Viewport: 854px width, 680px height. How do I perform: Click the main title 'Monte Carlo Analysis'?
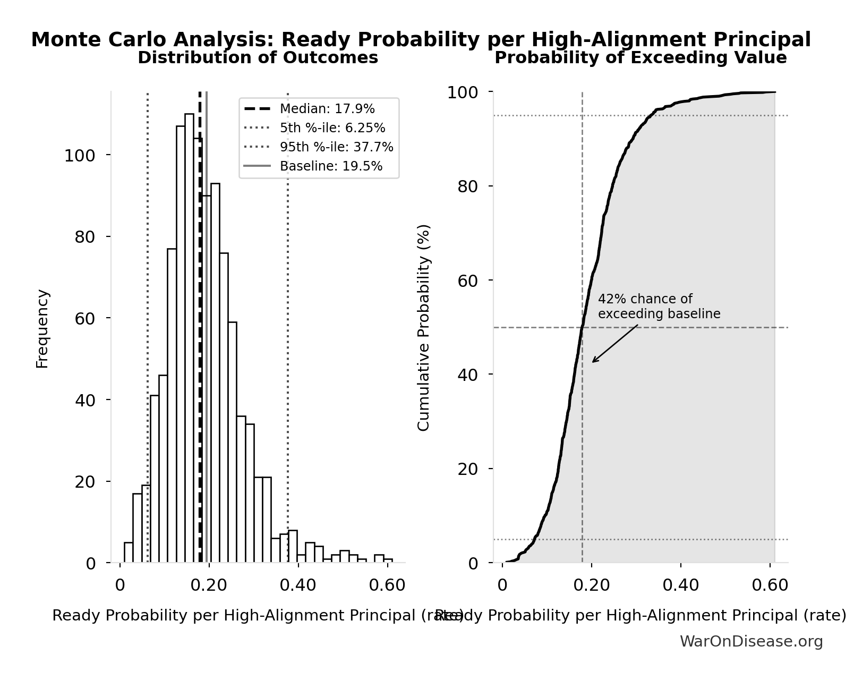(421, 40)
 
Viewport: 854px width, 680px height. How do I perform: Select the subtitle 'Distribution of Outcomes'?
(258, 58)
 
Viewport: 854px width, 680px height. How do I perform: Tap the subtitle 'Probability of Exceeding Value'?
(640, 58)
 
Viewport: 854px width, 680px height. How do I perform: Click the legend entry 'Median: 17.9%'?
(327, 109)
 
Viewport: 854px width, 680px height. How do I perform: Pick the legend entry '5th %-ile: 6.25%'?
(332, 128)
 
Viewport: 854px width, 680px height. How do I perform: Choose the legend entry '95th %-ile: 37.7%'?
(336, 147)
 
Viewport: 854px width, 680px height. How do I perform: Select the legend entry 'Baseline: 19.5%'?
(331, 166)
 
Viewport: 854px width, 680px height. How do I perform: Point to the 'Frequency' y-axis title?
(42, 328)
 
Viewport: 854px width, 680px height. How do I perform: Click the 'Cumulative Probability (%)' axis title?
(423, 327)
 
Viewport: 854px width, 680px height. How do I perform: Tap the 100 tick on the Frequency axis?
(80, 156)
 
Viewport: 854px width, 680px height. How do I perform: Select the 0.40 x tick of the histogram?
(298, 585)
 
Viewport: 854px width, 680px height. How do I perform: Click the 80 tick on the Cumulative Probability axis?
(468, 186)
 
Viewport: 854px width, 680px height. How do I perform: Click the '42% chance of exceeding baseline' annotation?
(659, 307)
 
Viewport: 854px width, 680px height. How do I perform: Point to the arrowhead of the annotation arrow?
(593, 362)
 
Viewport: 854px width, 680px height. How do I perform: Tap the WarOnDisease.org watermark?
(751, 642)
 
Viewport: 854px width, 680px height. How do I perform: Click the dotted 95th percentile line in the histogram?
(288, 319)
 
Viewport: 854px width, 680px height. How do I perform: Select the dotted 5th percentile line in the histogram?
(147, 319)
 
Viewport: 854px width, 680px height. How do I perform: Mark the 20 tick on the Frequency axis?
(85, 482)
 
